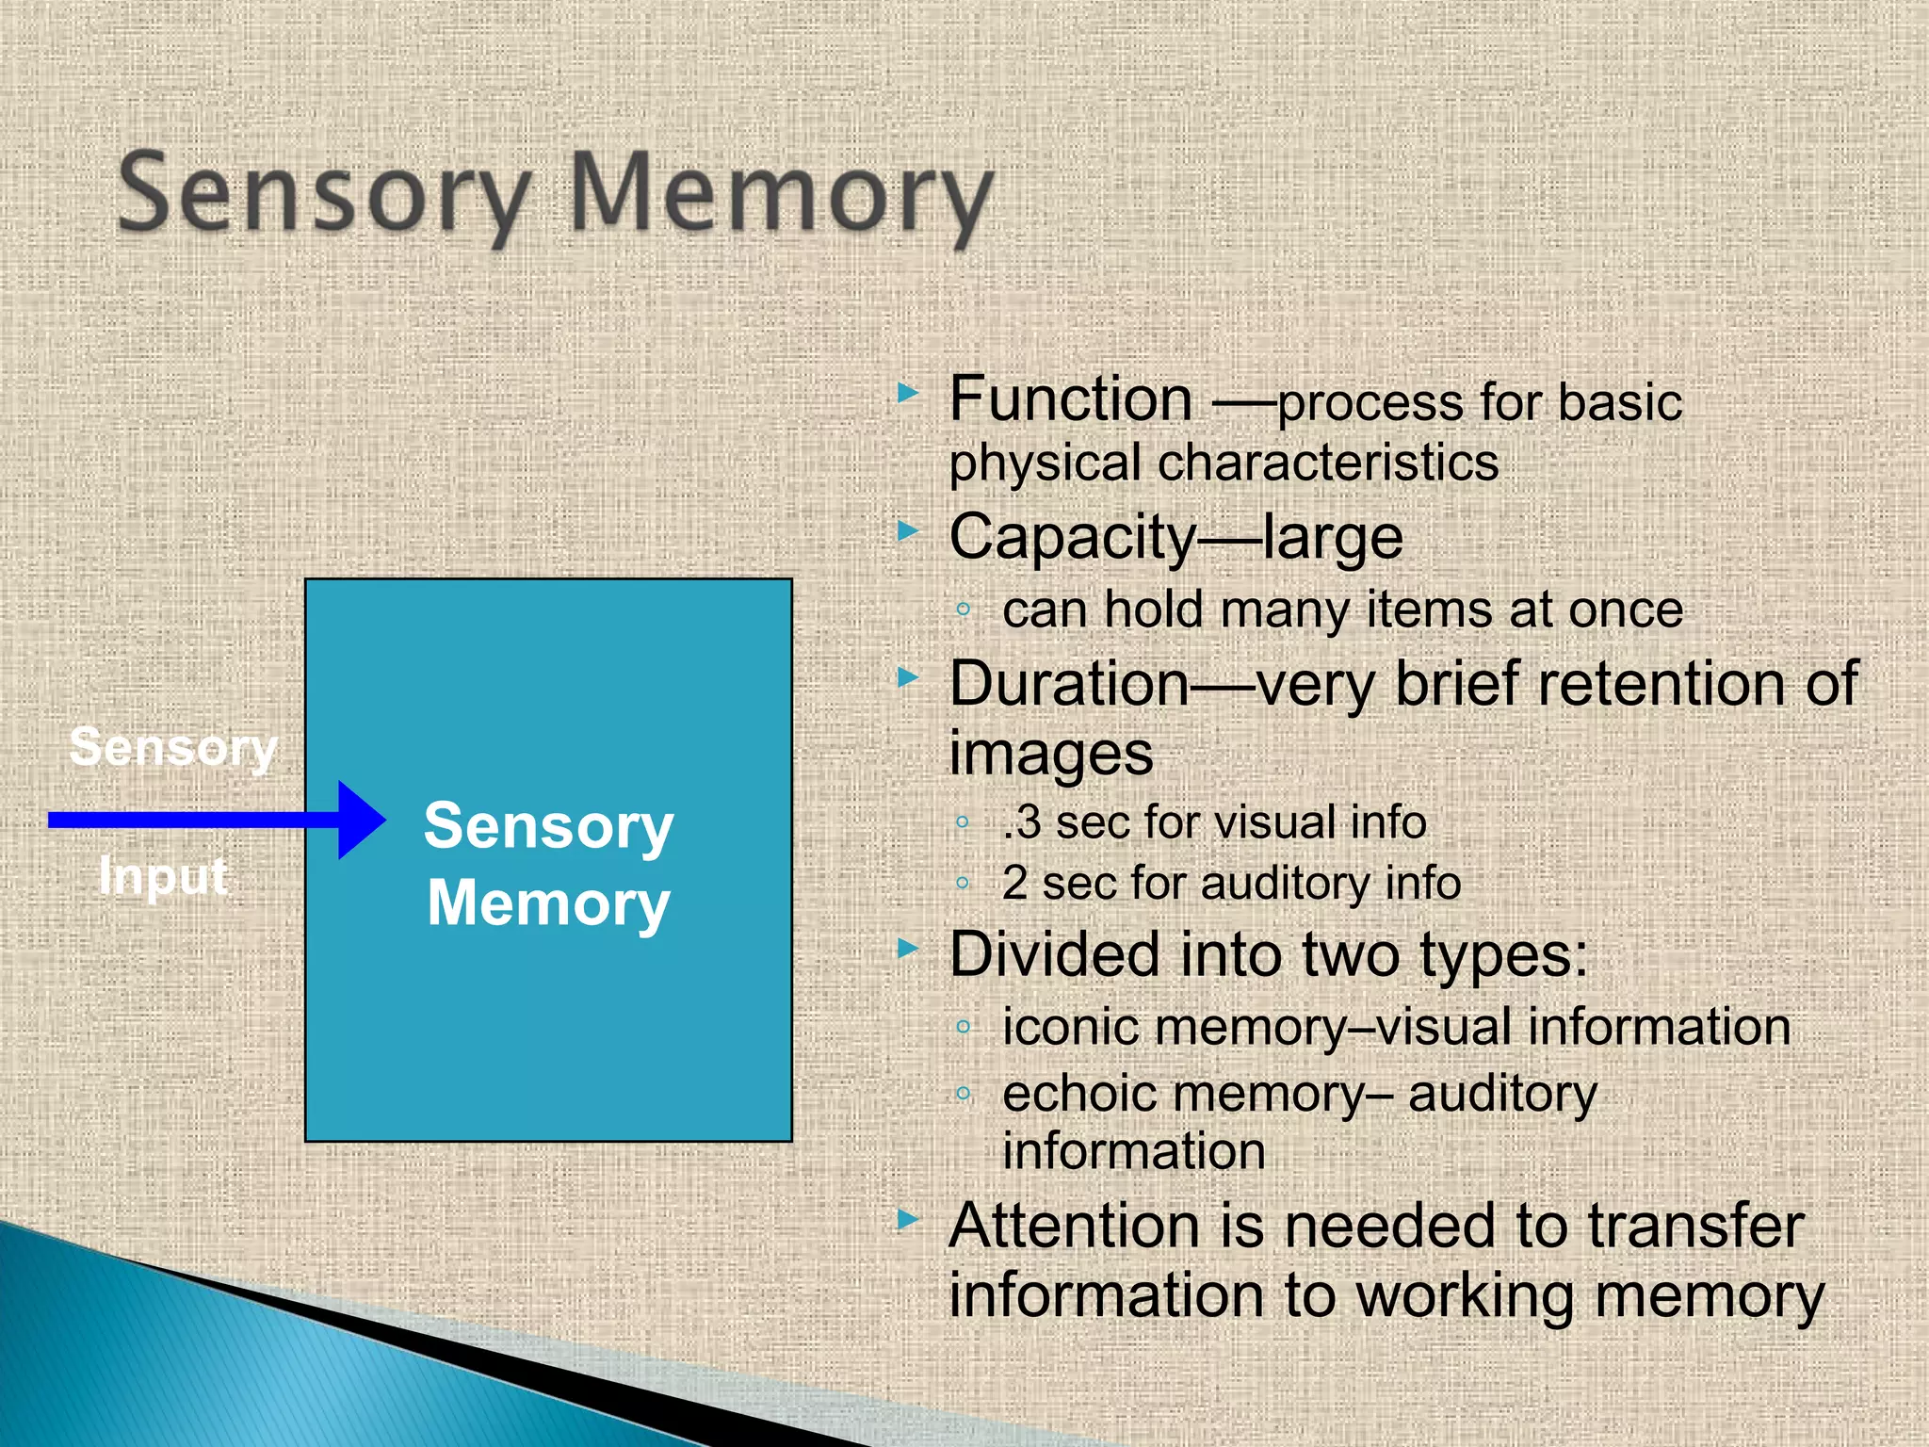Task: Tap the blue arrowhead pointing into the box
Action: [360, 820]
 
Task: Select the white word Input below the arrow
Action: [163, 876]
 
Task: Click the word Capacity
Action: [1072, 538]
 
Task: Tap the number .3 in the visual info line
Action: [1022, 822]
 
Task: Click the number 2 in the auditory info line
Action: [1014, 883]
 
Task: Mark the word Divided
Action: [1054, 954]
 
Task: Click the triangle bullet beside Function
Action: [907, 392]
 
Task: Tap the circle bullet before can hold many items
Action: [963, 610]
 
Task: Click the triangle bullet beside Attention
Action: [907, 1220]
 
